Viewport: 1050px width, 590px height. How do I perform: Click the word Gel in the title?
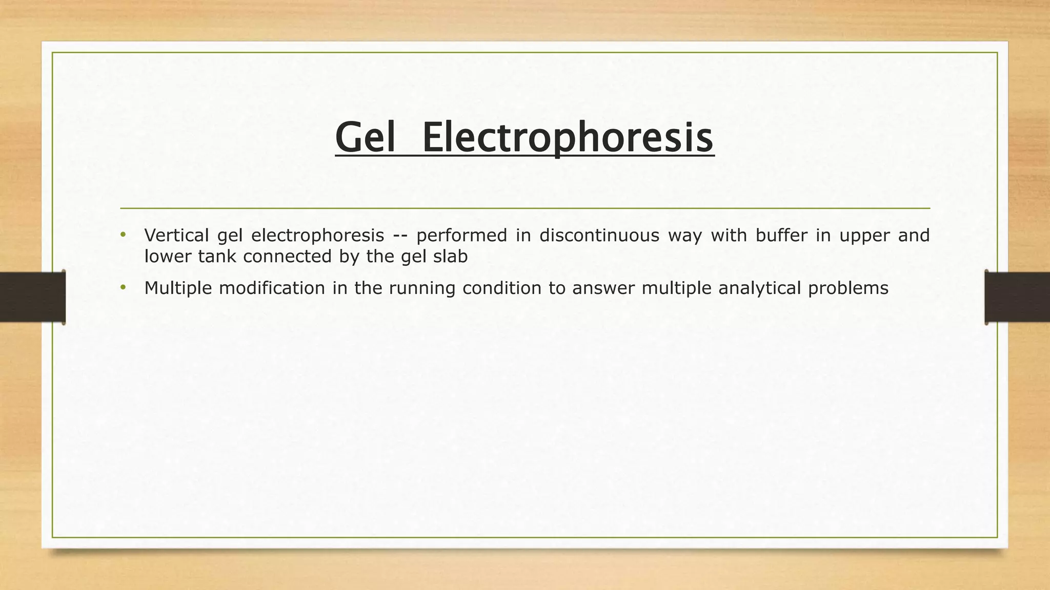(x=365, y=137)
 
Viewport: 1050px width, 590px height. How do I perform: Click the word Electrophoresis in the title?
(x=568, y=137)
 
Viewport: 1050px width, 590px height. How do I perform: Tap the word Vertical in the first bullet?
(x=176, y=236)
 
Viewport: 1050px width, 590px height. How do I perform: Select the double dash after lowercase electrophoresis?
(x=400, y=236)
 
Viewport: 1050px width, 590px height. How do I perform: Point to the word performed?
(x=461, y=236)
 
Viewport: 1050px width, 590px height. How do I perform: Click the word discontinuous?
(x=599, y=236)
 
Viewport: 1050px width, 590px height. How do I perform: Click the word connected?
(x=288, y=257)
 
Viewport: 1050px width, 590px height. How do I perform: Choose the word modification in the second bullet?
(x=272, y=288)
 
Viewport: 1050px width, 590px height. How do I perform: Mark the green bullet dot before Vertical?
(x=123, y=235)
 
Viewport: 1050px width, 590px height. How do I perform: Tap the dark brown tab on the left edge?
(x=32, y=297)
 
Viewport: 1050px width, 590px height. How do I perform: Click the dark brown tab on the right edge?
(x=1017, y=297)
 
